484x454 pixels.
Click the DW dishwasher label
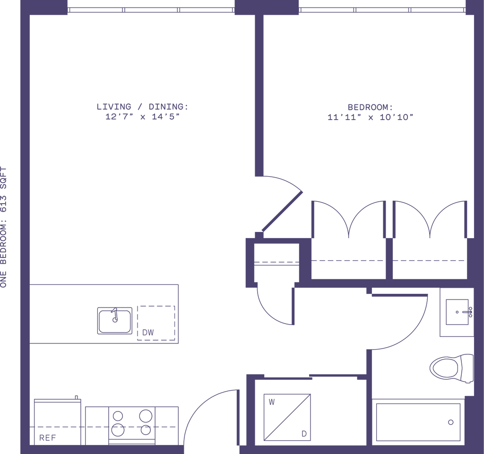pyautogui.click(x=148, y=333)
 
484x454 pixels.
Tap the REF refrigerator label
pyautogui.click(x=48, y=437)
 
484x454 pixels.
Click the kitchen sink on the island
pyautogui.click(x=115, y=320)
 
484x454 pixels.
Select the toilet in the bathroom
pyautogui.click(x=451, y=368)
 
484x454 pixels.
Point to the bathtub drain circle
pyautogui.click(x=450, y=422)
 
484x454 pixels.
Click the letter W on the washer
pyautogui.click(x=272, y=402)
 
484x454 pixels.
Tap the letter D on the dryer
pyautogui.click(x=304, y=434)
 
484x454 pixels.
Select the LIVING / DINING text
pyautogui.click(x=142, y=107)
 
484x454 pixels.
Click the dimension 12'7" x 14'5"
pyautogui.click(x=142, y=117)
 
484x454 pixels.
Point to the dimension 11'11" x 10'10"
pyautogui.click(x=370, y=117)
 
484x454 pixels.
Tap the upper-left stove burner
pyautogui.click(x=118, y=416)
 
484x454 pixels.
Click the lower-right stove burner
pyautogui.click(x=146, y=429)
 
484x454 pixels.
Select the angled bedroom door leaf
pyautogui.click(x=282, y=211)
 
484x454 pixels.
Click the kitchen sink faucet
pyautogui.click(x=115, y=315)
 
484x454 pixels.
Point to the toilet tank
pyautogui.click(x=467, y=368)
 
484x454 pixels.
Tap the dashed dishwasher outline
pyautogui.click(x=156, y=323)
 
